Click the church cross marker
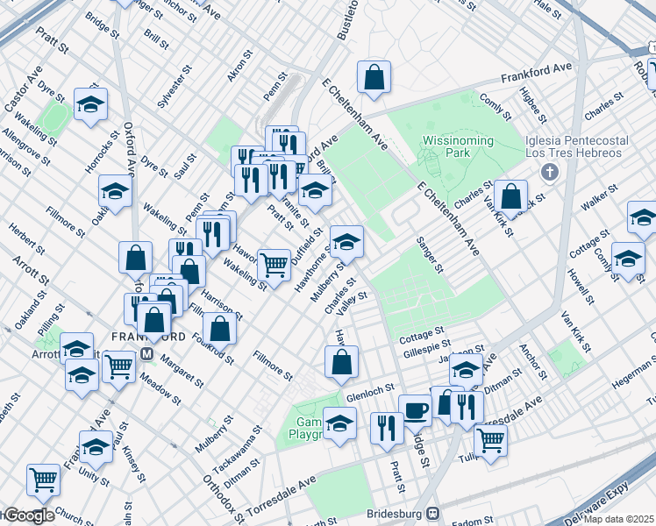[550, 171]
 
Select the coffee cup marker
[415, 409]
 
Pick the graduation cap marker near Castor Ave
[91, 104]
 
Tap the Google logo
[28, 515]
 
